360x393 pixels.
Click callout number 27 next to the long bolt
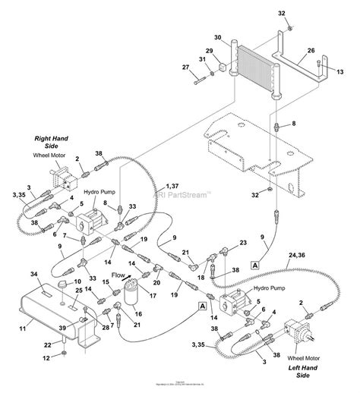pos(185,68)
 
